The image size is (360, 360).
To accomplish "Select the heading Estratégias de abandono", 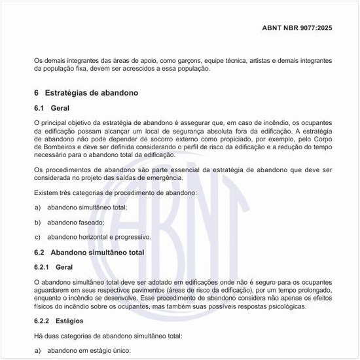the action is click(91, 94).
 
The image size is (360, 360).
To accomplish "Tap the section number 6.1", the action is click(39, 108).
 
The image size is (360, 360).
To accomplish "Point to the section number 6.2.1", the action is click(41, 267).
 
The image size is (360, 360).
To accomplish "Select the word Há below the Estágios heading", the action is click(37, 336).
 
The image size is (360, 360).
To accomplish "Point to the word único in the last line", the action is click(118, 351).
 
